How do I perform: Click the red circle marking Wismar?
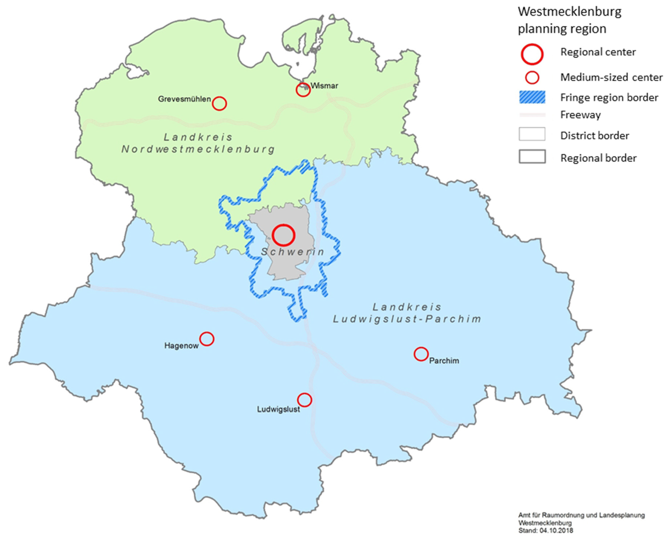[303, 90]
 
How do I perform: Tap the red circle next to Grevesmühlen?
[219, 104]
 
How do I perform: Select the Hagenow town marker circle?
[207, 339]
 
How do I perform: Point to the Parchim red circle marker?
[421, 354]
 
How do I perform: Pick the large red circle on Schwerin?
[283, 235]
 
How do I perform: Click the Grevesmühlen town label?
[184, 99]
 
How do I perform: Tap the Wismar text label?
[325, 86]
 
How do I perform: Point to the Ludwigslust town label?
[278, 409]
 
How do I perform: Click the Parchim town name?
[444, 361]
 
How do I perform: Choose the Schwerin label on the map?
[293, 252]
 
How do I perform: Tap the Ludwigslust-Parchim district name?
[407, 319]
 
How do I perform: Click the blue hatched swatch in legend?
[532, 97]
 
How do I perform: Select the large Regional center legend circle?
[532, 54]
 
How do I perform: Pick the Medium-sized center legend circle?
[532, 77]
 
